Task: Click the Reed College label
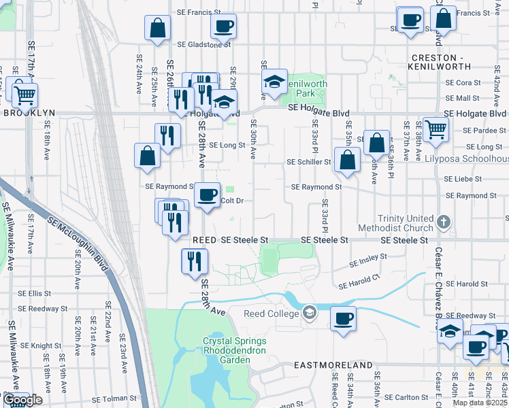(x=272, y=313)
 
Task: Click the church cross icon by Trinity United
(x=443, y=222)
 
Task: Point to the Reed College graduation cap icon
(x=310, y=312)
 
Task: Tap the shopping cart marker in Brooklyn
(x=24, y=96)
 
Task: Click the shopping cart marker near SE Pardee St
(x=436, y=128)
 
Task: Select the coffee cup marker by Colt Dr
(x=208, y=195)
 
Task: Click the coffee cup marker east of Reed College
(x=344, y=318)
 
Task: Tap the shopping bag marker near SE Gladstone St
(x=157, y=29)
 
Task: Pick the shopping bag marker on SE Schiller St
(x=347, y=160)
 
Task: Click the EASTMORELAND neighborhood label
(x=333, y=365)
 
